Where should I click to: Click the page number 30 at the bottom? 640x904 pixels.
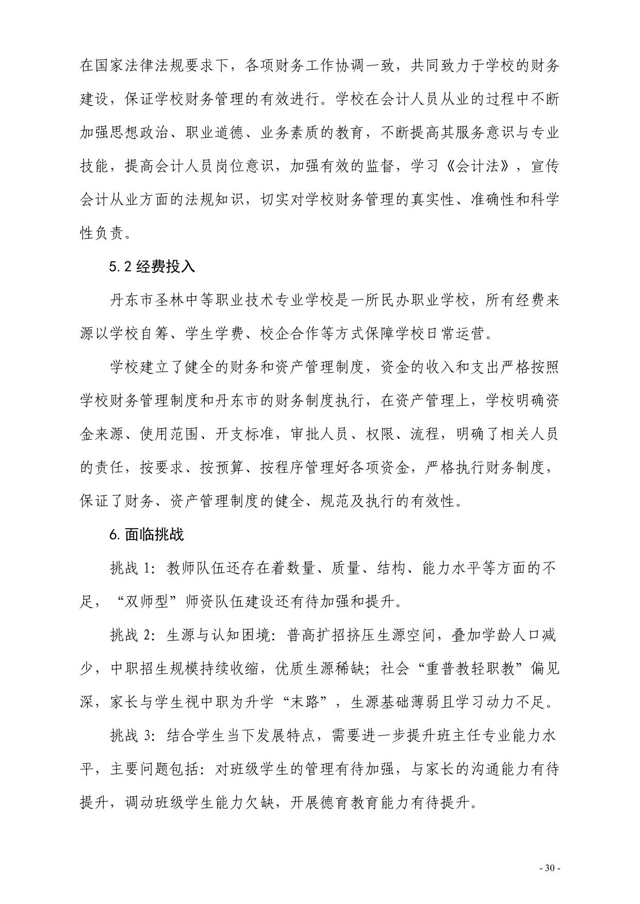coord(549,868)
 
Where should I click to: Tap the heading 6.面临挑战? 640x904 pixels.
coord(146,534)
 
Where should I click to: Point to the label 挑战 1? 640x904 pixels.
coord(132,568)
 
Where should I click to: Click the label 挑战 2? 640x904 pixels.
coord(132,635)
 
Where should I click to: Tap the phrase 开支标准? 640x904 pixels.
coord(244,434)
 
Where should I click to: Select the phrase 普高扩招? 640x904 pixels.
coord(313,635)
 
